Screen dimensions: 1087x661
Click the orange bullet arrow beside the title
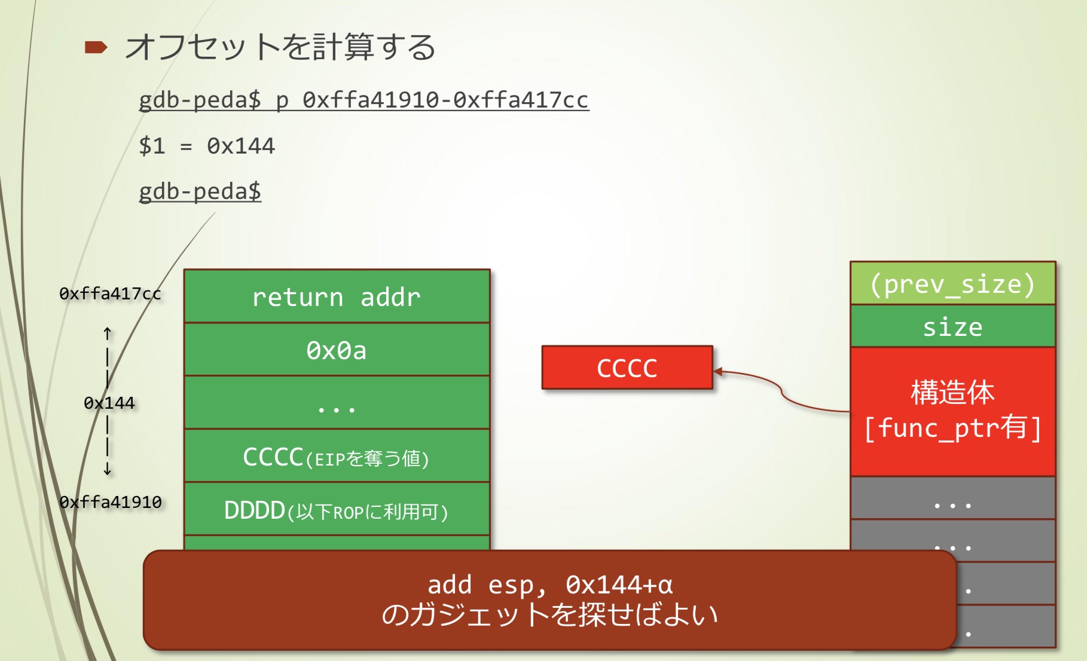pos(96,47)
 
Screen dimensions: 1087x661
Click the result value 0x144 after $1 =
pos(241,146)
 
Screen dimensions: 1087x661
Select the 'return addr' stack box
pos(337,296)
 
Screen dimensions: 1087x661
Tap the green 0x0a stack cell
pos(337,350)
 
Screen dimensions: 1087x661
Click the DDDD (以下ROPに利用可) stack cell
pos(337,509)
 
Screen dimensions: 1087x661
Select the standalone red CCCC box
pos(627,368)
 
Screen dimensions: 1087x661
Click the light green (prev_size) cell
pos(953,283)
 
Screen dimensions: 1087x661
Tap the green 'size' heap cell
pos(953,326)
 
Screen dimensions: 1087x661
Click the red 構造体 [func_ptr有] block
pos(953,411)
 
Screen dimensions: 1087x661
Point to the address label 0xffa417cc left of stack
pos(110,293)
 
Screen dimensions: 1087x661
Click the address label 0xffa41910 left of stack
pos(111,502)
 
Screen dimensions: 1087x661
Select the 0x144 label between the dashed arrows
pos(109,403)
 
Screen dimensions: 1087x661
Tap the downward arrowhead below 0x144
pos(107,471)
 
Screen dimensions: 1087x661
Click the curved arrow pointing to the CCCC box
pos(781,392)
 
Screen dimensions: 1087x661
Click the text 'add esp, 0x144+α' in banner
pos(550,585)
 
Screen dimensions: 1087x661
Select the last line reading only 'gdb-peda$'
pos(200,191)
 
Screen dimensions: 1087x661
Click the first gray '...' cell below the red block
pos(953,498)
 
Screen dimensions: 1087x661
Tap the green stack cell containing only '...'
pos(337,403)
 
